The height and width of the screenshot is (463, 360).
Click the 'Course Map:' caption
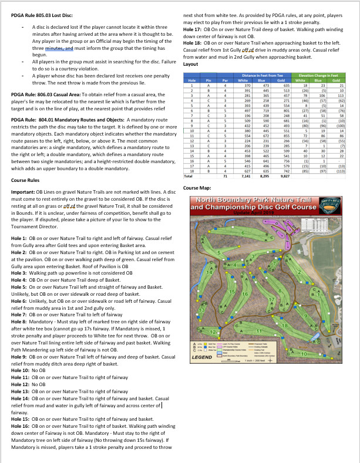tap(196, 188)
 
